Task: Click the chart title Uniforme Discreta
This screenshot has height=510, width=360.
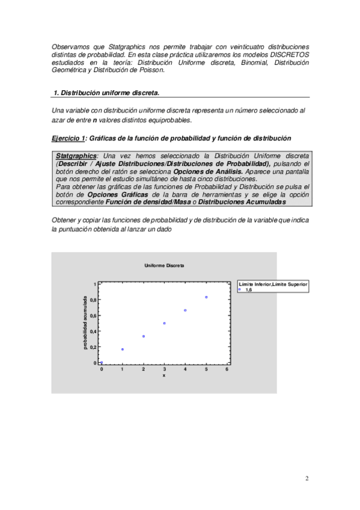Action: coord(164,265)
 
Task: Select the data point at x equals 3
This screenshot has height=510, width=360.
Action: coord(164,323)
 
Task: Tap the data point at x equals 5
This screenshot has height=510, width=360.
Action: coord(206,297)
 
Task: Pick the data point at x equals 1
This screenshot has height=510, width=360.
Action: coord(123,349)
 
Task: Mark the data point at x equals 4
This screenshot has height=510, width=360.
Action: coord(185,310)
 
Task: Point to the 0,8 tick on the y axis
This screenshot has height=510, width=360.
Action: coord(93,300)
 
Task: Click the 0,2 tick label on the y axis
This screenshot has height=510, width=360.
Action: coord(93,347)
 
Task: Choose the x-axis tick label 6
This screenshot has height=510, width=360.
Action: coord(227,369)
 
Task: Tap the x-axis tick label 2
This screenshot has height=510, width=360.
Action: coord(143,369)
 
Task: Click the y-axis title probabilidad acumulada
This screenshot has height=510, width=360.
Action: coord(85,322)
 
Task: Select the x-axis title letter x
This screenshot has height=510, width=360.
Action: coord(163,375)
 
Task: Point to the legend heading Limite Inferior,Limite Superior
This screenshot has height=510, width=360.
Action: coord(273,283)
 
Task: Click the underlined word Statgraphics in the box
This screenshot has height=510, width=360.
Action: coord(76,156)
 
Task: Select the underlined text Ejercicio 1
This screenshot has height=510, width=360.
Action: coord(69,138)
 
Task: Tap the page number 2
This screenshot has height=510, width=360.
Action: coord(307,479)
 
